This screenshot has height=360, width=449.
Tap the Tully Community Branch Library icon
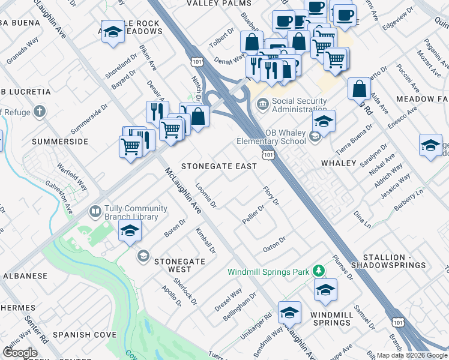coord(95,211)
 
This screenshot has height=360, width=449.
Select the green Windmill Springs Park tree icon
coord(320,272)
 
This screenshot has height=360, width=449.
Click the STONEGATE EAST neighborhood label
coord(219,166)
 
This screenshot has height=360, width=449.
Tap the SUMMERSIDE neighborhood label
coord(60,142)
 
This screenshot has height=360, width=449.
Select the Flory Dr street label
coord(271,196)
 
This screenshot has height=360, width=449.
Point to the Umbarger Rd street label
coord(256,324)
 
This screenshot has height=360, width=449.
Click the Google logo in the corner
coord(20,352)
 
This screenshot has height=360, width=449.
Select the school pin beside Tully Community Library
coord(130,231)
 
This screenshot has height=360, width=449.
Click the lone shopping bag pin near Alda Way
coord(359,89)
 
